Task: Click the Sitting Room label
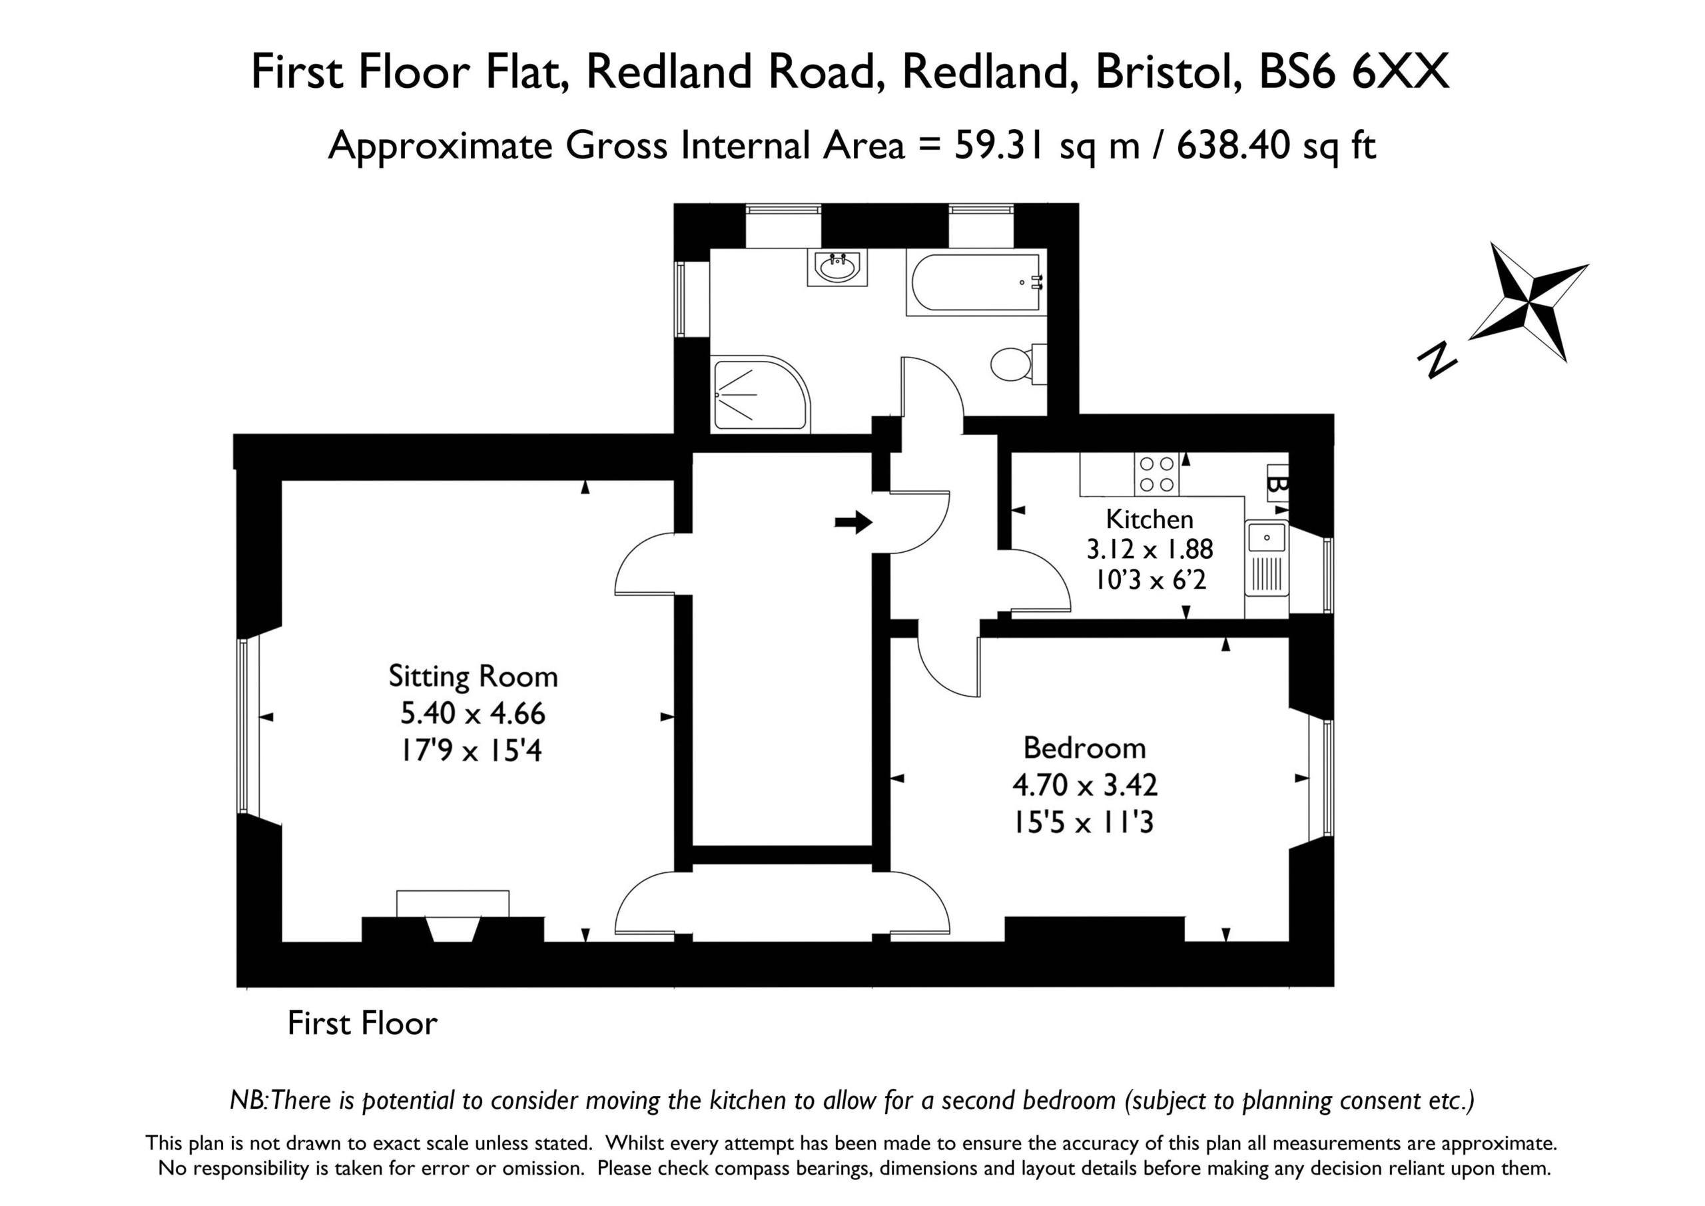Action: tap(473, 677)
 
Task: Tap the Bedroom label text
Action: tap(1084, 748)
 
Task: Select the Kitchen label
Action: tap(1150, 518)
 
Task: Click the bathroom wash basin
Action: tap(838, 267)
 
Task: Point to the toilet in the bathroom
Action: tap(1019, 364)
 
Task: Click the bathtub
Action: tap(976, 282)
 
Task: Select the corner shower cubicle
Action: tap(760, 394)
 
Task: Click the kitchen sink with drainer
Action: tap(1267, 557)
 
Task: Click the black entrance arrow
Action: tap(853, 522)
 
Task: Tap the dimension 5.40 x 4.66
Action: tap(473, 714)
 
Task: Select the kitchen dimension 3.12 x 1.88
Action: tap(1150, 549)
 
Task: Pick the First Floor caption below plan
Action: tap(362, 1024)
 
